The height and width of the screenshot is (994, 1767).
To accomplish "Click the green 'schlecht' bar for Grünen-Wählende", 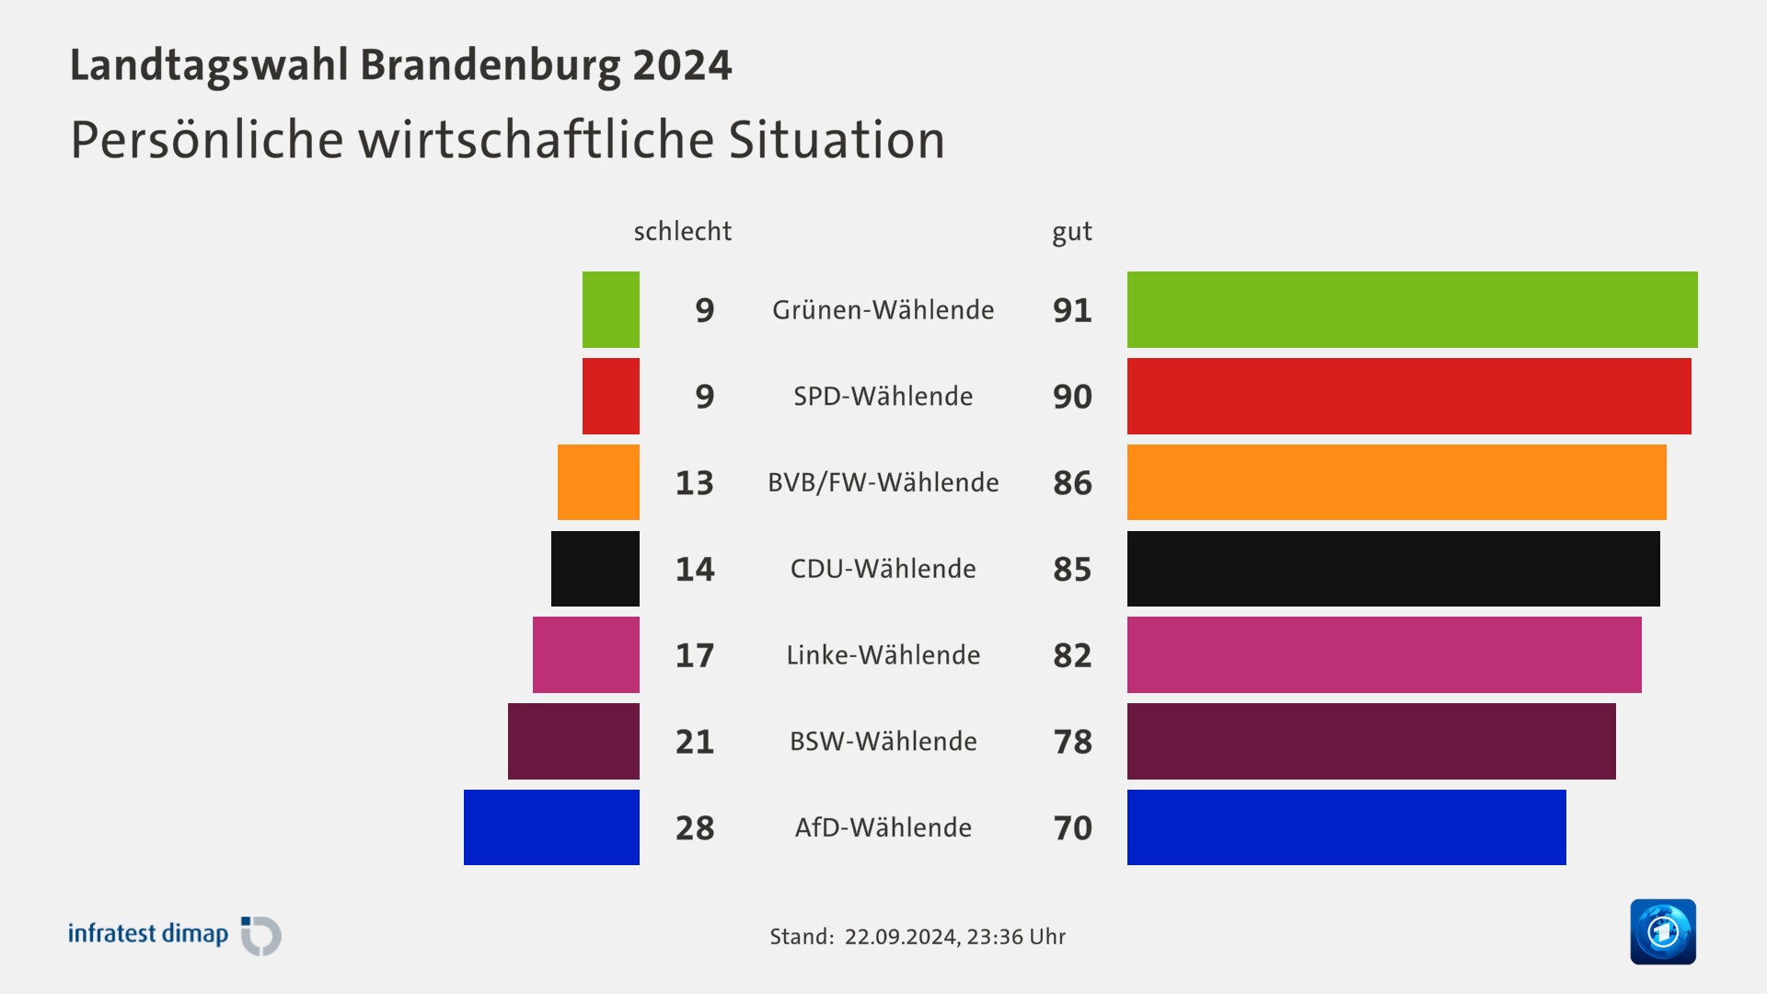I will pyautogui.click(x=610, y=309).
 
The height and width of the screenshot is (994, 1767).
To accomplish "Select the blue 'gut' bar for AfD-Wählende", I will pyautogui.click(x=1345, y=827).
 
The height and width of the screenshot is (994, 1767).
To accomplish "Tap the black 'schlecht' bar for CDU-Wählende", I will pyautogui.click(x=595, y=569).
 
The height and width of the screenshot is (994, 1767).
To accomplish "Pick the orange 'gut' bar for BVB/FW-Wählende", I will pyautogui.click(x=1396, y=482).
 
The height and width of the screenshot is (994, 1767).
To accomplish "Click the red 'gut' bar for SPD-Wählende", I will pyautogui.click(x=1408, y=396).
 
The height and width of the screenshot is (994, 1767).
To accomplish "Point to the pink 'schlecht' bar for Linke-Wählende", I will pyautogui.click(x=585, y=654).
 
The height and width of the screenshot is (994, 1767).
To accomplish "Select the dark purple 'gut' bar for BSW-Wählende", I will pyautogui.click(x=1370, y=741).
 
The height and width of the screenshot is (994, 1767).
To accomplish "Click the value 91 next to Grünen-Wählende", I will pyautogui.click(x=1072, y=310).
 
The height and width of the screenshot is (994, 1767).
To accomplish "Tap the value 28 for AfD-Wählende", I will pyautogui.click(x=695, y=827).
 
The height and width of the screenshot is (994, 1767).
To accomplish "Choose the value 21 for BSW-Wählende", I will pyautogui.click(x=695, y=741).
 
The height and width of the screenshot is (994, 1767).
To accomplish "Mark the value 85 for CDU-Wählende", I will pyautogui.click(x=1072, y=569).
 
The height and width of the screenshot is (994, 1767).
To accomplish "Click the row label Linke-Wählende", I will pyautogui.click(x=883, y=654).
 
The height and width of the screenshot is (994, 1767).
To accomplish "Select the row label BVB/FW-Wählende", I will pyautogui.click(x=883, y=482).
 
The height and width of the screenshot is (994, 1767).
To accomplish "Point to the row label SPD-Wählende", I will pyautogui.click(x=883, y=396).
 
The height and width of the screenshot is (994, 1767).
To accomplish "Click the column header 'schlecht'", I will pyautogui.click(x=682, y=231).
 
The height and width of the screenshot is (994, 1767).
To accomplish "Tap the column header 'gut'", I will pyautogui.click(x=1072, y=232).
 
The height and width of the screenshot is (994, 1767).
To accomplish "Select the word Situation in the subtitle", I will pyautogui.click(x=837, y=140).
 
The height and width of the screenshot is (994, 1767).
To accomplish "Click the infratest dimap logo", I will pyautogui.click(x=175, y=935).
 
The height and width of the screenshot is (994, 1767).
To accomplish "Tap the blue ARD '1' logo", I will pyautogui.click(x=1662, y=931).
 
